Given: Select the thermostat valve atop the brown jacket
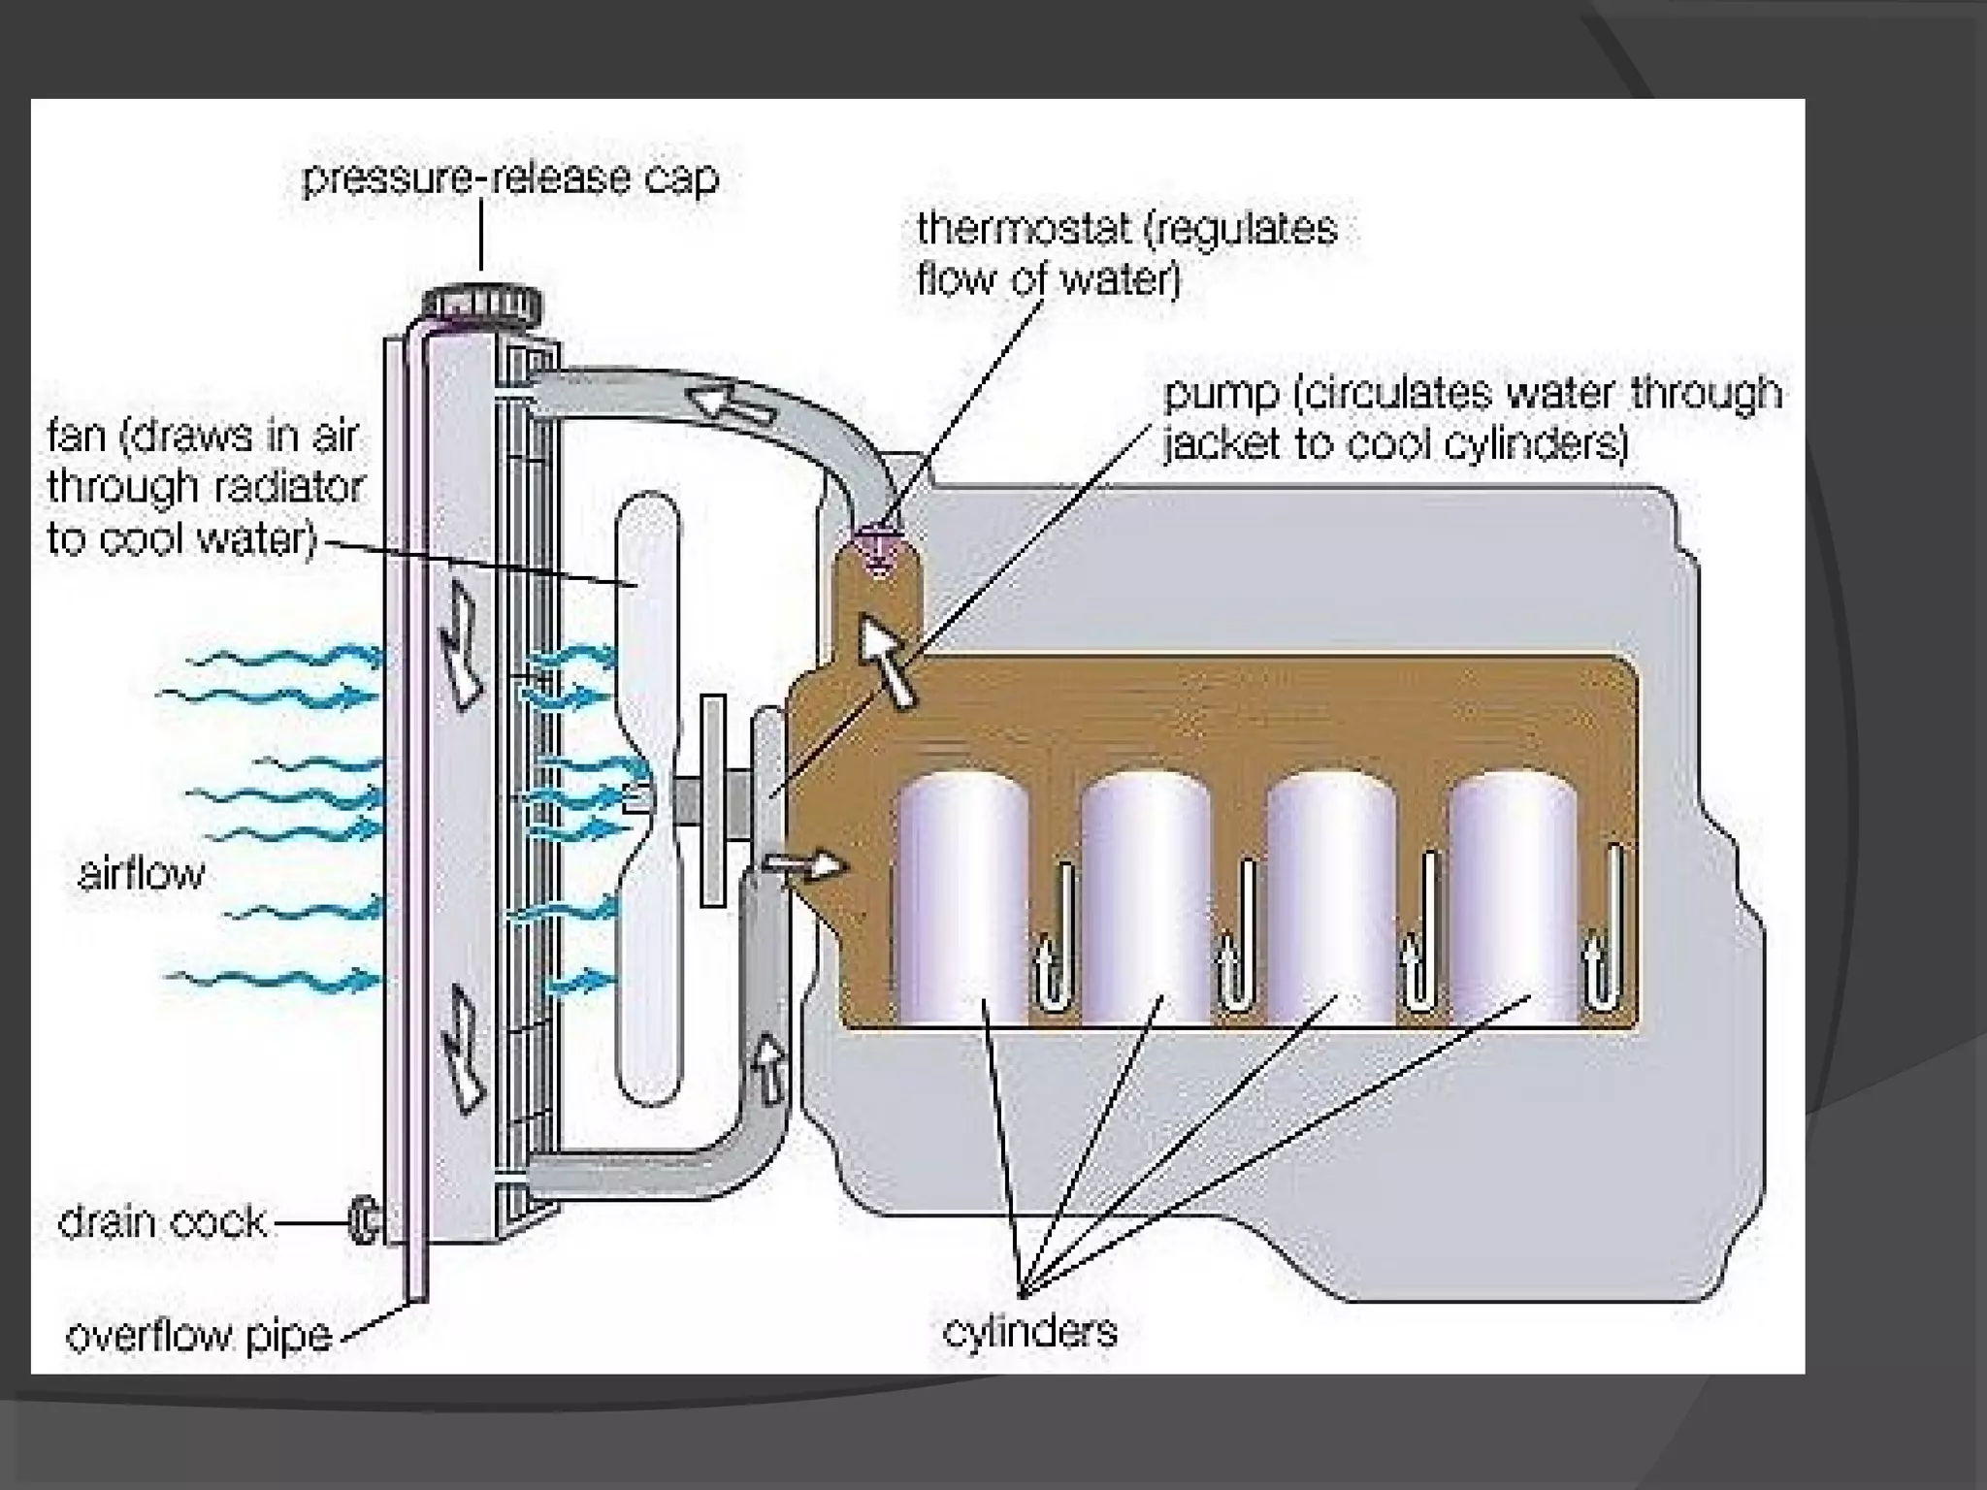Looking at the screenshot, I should click(879, 544).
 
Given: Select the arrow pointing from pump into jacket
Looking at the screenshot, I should click(804, 864).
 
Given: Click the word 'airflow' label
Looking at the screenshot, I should click(142, 874).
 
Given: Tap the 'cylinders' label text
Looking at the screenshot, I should click(1029, 1330).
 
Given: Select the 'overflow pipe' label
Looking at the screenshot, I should click(199, 1336).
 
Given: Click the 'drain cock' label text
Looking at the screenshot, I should click(162, 1221).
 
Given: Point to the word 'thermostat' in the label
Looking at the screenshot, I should click(1025, 230).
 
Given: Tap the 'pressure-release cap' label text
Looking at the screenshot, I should click(510, 178).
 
